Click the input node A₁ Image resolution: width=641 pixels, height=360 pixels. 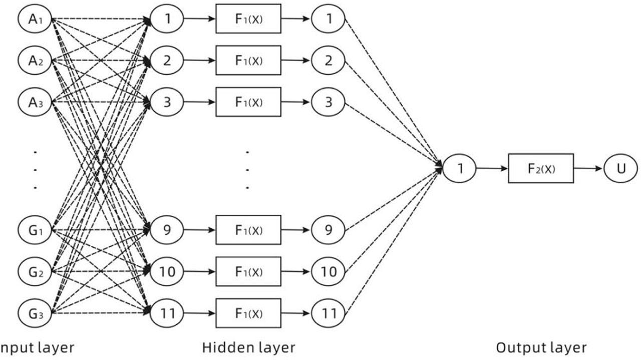point(35,19)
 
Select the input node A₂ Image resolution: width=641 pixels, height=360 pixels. point(35,61)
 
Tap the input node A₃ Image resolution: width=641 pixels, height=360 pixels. point(35,102)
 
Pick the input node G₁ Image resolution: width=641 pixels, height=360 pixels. point(35,231)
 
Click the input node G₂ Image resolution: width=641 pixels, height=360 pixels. point(35,272)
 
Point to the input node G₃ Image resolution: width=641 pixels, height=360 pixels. point(35,313)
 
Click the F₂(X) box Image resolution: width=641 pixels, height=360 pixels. point(541,169)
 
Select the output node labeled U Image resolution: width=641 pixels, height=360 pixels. point(621,169)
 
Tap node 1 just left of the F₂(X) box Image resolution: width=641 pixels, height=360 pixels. point(459,169)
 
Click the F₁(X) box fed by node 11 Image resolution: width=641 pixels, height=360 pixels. point(248,313)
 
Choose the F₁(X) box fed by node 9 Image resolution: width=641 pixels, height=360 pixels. point(248,230)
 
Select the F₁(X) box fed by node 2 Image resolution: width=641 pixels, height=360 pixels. point(248,61)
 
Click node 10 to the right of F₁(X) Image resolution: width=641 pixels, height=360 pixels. point(328,272)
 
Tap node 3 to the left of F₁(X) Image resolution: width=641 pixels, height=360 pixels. point(167,102)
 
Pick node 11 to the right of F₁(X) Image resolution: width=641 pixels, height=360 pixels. point(328,313)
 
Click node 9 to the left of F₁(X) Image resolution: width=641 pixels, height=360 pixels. point(167,230)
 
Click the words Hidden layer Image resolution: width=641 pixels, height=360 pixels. point(248,347)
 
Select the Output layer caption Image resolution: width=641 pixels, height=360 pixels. point(541,347)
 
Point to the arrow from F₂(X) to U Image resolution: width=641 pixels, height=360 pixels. point(588,169)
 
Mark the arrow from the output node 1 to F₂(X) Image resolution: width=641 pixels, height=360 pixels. point(492,169)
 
